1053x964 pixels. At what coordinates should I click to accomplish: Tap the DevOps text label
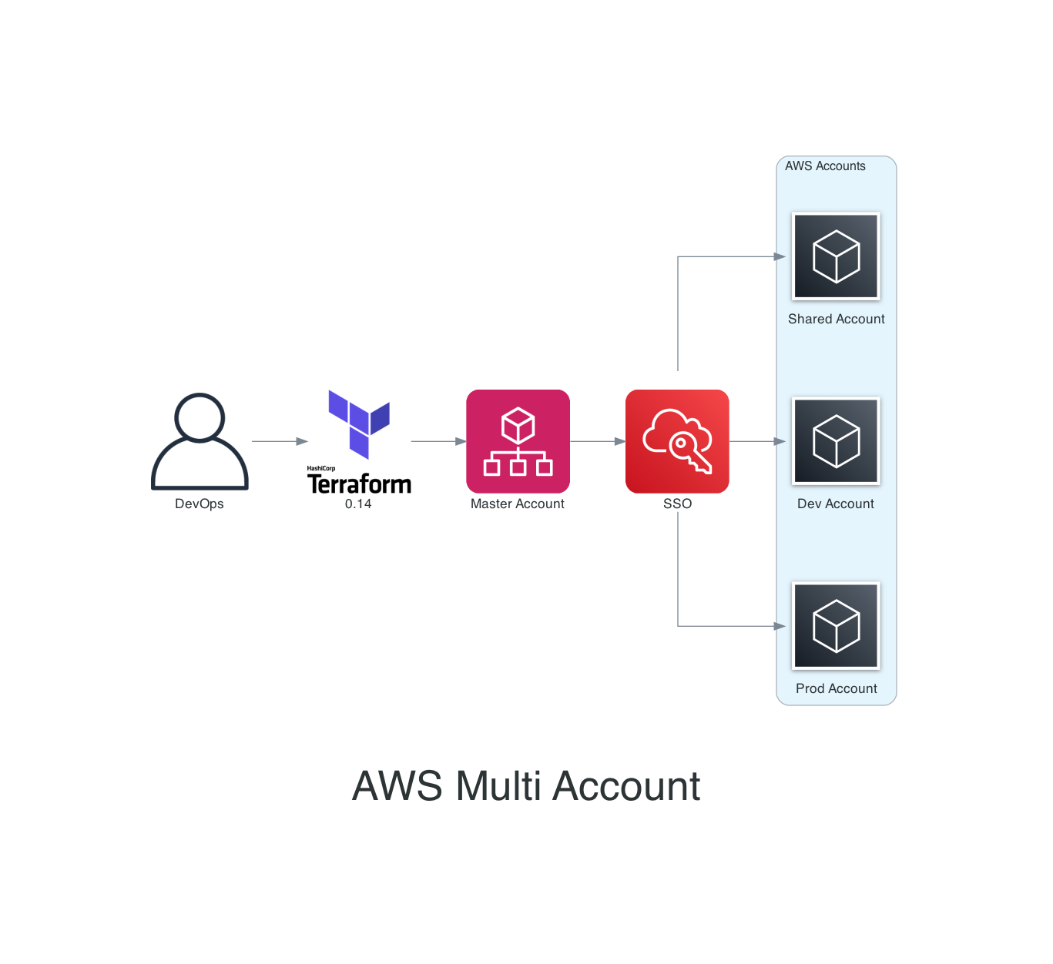[x=200, y=504]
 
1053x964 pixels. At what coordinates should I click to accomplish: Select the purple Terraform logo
[x=359, y=425]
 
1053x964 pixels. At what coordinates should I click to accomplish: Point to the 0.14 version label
[x=358, y=504]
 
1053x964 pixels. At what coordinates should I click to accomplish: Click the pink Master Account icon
[x=518, y=441]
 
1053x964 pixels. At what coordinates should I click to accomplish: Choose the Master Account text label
[x=518, y=504]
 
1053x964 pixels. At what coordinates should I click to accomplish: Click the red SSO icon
[x=677, y=441]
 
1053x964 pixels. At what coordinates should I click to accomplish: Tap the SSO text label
[x=677, y=504]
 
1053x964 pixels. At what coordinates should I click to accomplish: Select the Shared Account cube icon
[x=836, y=256]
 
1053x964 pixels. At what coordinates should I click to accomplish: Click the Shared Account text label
[x=836, y=319]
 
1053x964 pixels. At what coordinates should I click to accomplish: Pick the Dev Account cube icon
[x=836, y=441]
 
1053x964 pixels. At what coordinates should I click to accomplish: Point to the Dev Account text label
[x=836, y=504]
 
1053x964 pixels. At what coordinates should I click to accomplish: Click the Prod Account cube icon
[x=836, y=626]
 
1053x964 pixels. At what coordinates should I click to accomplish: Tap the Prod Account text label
[x=836, y=688]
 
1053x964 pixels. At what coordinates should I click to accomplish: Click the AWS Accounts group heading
[x=825, y=166]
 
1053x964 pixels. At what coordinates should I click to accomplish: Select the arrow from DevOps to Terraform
[x=280, y=441]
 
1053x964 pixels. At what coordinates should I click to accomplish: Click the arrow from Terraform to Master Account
[x=438, y=441]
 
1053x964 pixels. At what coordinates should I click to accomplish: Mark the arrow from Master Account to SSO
[x=598, y=441]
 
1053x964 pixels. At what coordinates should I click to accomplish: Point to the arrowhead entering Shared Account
[x=780, y=256]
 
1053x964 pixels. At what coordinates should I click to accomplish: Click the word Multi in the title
[x=498, y=786]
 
